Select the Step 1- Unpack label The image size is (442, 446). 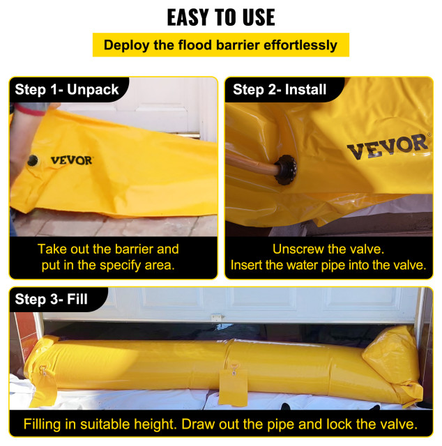click(x=67, y=89)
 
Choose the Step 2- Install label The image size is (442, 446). click(x=280, y=89)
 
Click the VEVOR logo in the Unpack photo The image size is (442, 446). click(x=71, y=160)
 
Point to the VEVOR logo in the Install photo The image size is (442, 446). click(x=386, y=146)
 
